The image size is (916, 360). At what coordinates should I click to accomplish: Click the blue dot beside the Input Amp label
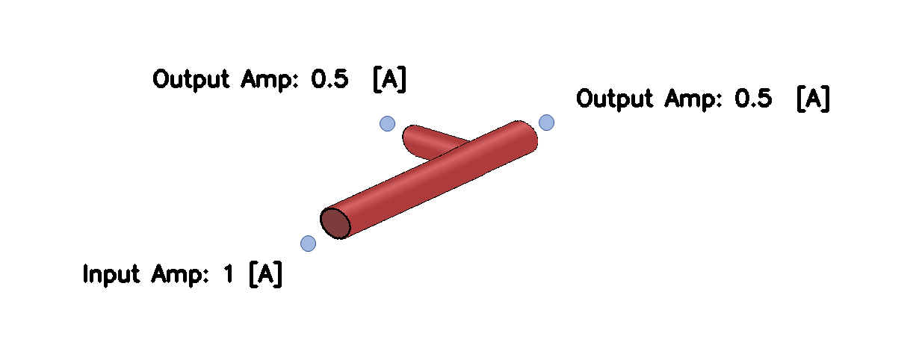308,243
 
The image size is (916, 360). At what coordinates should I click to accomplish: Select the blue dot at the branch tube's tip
387,123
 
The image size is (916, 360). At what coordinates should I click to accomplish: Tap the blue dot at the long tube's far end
546,122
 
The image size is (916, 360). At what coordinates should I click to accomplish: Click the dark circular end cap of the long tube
335,223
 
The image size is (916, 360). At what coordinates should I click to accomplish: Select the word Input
111,275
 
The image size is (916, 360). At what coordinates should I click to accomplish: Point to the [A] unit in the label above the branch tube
389,79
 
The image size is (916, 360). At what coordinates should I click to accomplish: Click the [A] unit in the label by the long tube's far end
813,99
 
